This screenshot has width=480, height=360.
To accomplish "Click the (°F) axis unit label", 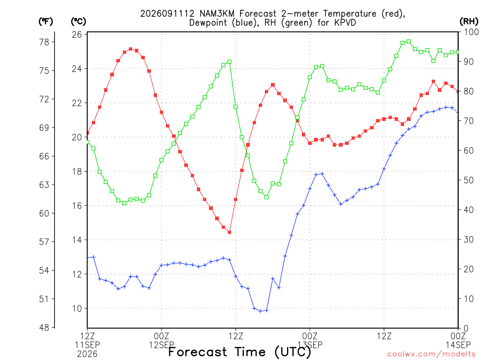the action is coord(46,22).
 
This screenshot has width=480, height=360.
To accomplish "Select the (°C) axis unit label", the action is coord(78,22).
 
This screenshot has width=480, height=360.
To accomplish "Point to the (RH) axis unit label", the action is coord(469,22).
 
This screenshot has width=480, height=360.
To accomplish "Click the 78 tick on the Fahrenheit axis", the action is coord(44,42).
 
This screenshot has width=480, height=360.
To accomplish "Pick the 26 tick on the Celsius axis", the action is coord(77,34).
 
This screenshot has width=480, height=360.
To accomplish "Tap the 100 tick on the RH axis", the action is coord(471,32).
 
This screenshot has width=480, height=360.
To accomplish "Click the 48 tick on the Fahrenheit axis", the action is coord(44,328).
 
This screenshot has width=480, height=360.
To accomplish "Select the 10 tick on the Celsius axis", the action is coord(77,308).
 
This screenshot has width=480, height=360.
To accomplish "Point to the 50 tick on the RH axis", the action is coord(469,180).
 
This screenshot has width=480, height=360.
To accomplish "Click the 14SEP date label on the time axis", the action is coord(458,345).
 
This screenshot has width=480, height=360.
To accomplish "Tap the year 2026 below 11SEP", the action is coord(87,354).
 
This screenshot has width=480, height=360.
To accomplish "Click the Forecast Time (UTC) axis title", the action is coord(240,352).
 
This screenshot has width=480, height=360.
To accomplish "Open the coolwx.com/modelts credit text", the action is coord(431,354).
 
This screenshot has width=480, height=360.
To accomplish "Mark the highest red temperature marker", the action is coord(131,49).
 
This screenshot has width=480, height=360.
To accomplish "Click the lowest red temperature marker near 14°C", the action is coord(230,232).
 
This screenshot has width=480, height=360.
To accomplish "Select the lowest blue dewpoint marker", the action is coord(261,311).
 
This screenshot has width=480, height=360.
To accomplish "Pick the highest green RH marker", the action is coord(409,42).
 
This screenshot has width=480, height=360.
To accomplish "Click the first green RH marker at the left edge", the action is coord(88,142).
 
